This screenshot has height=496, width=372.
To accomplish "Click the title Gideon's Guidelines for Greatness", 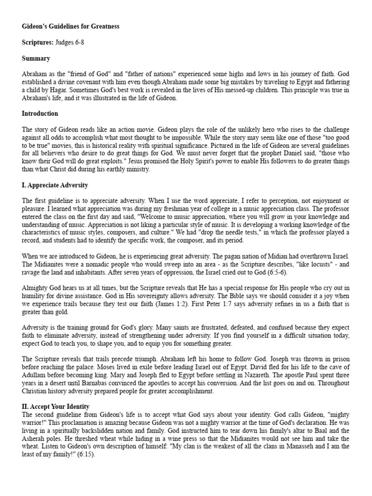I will click(x=70, y=26).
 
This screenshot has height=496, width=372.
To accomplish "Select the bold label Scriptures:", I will click(x=37, y=42).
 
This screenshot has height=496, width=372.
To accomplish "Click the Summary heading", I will click(x=36, y=58).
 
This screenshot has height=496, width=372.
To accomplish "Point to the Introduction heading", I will click(x=40, y=113).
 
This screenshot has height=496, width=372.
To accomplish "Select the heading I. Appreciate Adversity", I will click(x=55, y=185).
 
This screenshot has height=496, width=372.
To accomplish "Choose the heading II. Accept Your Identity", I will click(x=56, y=406).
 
